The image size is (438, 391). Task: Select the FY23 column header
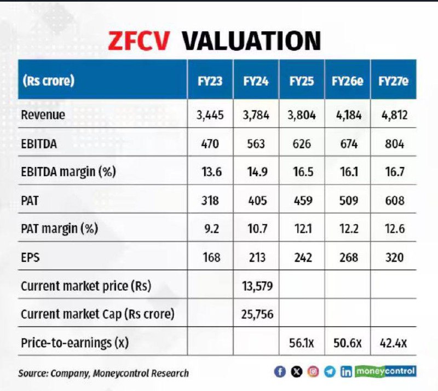pos(210,81)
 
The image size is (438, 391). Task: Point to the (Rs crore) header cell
pos(49,81)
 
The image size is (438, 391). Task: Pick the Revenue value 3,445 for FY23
pos(210,116)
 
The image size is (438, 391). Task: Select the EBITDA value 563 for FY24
pos(256,144)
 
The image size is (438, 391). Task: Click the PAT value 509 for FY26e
pos(348,201)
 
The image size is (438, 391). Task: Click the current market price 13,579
pos(256,286)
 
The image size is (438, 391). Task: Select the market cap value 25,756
pos(256,315)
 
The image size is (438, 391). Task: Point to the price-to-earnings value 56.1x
pos(302,343)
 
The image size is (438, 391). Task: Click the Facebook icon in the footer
pos(280,372)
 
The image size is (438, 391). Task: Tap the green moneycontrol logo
pos(386,371)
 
